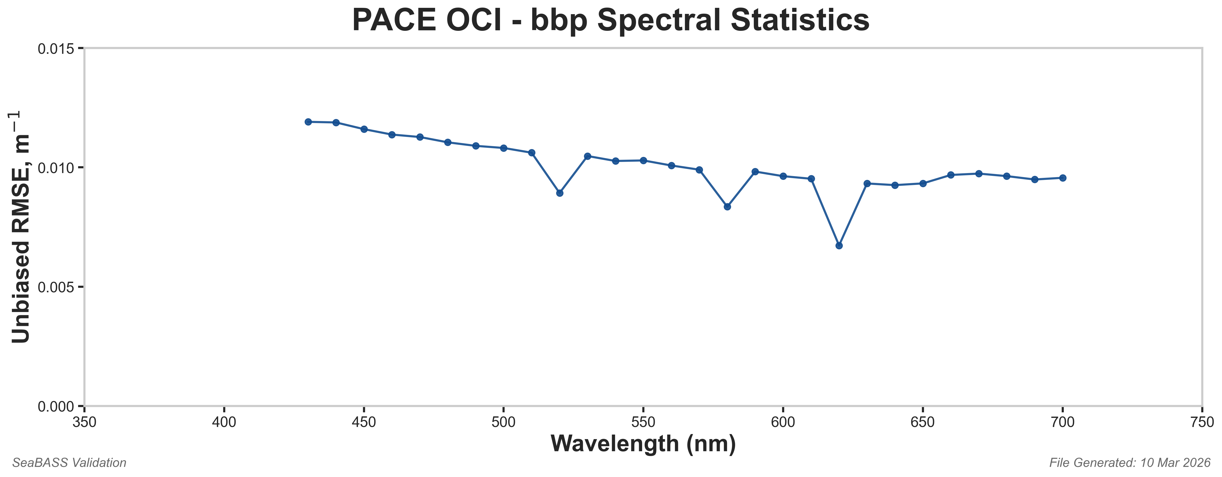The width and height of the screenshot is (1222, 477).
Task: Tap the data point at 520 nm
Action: (x=560, y=193)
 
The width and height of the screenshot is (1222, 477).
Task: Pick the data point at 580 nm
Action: (x=727, y=207)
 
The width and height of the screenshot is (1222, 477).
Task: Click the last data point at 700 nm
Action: (x=1062, y=178)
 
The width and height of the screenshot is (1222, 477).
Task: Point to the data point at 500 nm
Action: (x=504, y=148)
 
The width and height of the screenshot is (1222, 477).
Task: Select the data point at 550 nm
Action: (x=643, y=160)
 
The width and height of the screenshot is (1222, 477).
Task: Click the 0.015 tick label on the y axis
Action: (x=56, y=49)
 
